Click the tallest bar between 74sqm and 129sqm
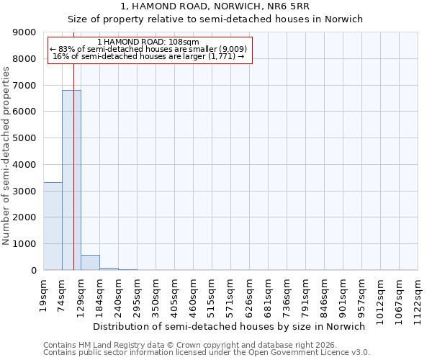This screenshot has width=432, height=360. coord(71,180)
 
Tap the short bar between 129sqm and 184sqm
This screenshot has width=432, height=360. coord(90,263)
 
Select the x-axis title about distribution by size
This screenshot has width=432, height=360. coord(230,326)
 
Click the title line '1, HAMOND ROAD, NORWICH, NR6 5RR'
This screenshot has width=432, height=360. coord(216,6)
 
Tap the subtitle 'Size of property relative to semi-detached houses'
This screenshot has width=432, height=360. coord(216,19)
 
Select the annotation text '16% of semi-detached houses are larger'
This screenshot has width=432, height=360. coord(148,57)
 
